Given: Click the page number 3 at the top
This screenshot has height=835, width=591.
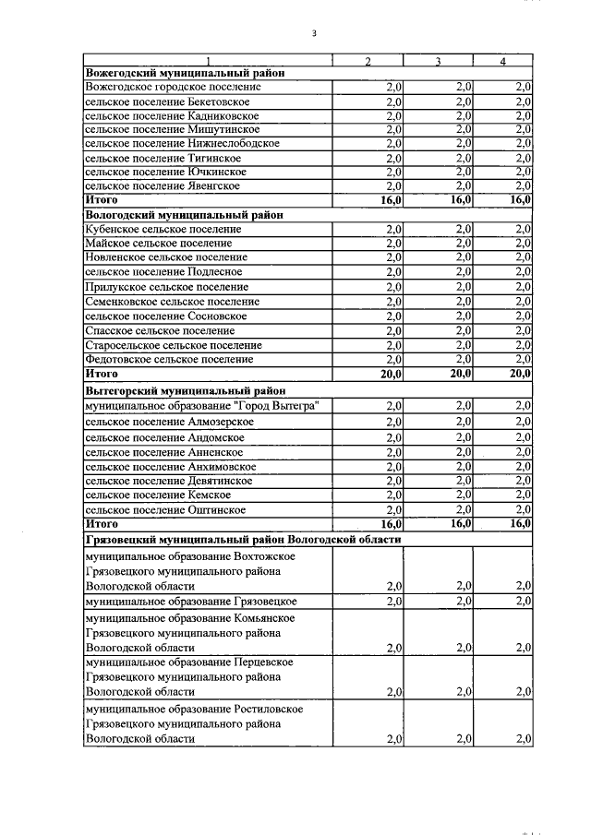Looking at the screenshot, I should click(314, 34).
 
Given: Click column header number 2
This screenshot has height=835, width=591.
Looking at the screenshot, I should click(368, 62).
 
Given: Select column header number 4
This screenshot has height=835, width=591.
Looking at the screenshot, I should click(502, 62).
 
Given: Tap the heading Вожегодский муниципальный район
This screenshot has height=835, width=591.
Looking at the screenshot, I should click(184, 73).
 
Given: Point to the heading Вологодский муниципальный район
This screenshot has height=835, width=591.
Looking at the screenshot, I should click(183, 214).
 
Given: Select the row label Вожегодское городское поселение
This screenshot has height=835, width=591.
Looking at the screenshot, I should click(172, 87).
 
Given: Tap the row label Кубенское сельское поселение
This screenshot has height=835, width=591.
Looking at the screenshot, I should click(163, 229).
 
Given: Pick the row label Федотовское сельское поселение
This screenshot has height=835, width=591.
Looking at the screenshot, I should click(168, 359).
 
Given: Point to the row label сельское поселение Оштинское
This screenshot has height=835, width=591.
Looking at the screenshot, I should click(164, 509).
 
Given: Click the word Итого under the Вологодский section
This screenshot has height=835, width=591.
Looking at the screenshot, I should click(102, 374).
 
